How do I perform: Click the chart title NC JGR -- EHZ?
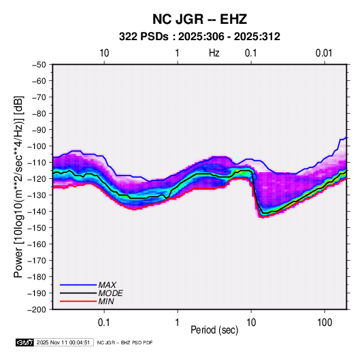pyautogui.click(x=199, y=19)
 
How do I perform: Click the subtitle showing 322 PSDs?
pyautogui.click(x=199, y=37)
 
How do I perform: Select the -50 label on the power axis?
pyautogui.click(x=39, y=65)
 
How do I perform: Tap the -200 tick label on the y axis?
pyautogui.click(x=37, y=310)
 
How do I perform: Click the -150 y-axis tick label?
pyautogui.click(x=37, y=227)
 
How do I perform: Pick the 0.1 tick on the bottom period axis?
pyautogui.click(x=104, y=322)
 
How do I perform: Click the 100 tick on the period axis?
pyautogui.click(x=325, y=322)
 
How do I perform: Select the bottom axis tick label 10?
pyautogui.click(x=251, y=322)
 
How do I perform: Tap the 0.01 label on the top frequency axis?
pyautogui.click(x=324, y=53)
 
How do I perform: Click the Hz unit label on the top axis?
pyautogui.click(x=214, y=53)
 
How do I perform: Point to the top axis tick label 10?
pyautogui.click(x=104, y=53)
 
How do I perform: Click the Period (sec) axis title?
pyautogui.click(x=214, y=329)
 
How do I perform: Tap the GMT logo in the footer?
pyautogui.click(x=24, y=342)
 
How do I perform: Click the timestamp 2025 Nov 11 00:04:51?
pyautogui.click(x=63, y=342)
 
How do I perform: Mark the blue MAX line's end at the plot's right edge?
pyautogui.click(x=346, y=137)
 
